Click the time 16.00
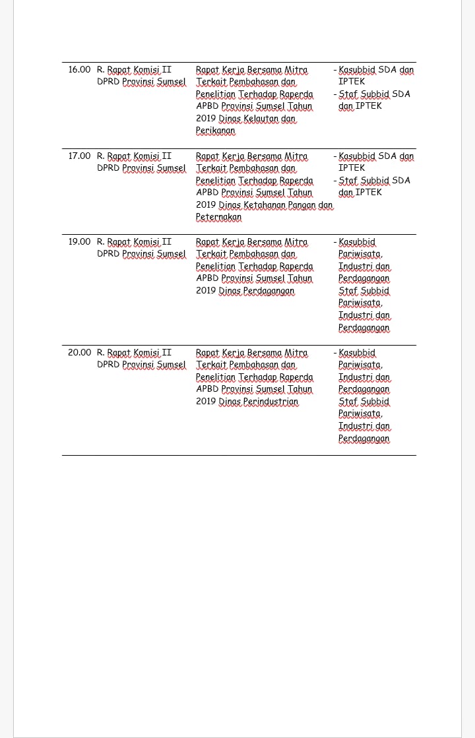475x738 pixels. [x=79, y=69]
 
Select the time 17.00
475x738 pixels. [x=79, y=156]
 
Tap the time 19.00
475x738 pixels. [x=79, y=241]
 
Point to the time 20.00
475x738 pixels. [x=79, y=352]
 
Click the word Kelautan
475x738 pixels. [x=261, y=119]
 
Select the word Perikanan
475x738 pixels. [x=215, y=131]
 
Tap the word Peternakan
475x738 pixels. [x=218, y=216]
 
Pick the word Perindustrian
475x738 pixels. [x=270, y=401]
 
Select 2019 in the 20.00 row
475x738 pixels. [x=206, y=401]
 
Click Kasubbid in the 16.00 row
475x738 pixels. [x=357, y=69]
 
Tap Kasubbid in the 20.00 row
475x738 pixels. [x=357, y=352]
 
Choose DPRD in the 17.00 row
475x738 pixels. [x=108, y=168]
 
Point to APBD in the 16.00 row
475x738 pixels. [x=207, y=106]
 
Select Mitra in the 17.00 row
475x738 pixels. [x=296, y=156]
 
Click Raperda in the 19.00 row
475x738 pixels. [x=296, y=266]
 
